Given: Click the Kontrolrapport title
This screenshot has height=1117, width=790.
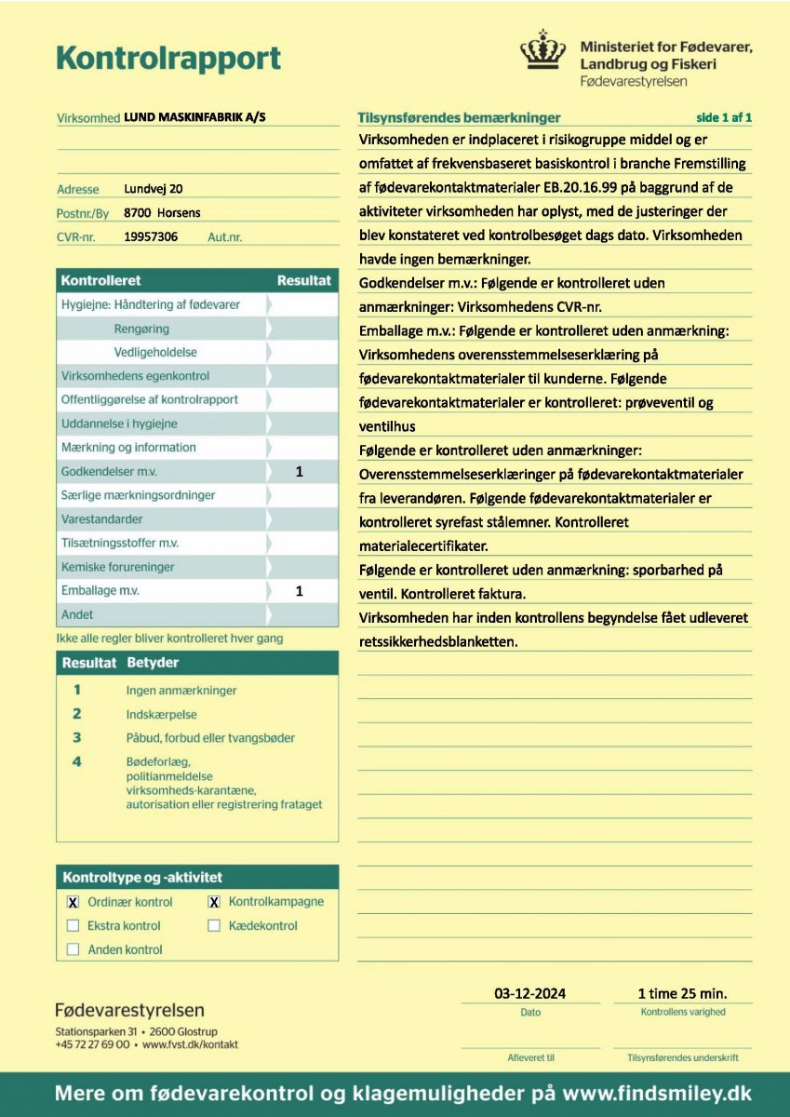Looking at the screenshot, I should tap(168, 58).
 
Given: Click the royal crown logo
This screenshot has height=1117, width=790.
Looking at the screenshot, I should tap(542, 50).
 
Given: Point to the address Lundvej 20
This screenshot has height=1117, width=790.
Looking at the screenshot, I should tap(154, 189).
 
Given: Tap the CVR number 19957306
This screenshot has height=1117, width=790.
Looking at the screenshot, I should tap(151, 237).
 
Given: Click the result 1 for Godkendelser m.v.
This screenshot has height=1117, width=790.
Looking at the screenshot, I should tap(300, 472).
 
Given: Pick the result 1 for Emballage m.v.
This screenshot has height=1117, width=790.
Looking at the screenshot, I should tap(300, 591).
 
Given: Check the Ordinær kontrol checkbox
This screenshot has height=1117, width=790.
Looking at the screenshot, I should tap(74, 902).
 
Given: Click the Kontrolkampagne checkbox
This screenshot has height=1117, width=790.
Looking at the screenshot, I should tap(214, 902).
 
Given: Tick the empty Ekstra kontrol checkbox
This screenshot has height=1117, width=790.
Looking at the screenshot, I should tap(74, 926).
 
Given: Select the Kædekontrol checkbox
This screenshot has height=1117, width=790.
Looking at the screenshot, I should tap(214, 926).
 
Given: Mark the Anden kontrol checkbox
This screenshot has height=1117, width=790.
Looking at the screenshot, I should tap(74, 949).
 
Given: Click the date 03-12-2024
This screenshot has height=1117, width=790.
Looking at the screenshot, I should tap(529, 993).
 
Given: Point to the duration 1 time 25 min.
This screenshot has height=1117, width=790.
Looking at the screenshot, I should tap(682, 993).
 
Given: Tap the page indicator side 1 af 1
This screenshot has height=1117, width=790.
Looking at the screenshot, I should tap(723, 117).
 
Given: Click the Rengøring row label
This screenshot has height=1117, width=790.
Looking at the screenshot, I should tap(141, 329).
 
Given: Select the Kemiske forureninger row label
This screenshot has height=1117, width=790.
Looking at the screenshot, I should tap(117, 567).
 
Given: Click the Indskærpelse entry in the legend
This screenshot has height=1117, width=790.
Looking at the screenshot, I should tap(161, 714).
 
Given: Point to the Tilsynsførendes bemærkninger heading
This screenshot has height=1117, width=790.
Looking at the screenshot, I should tap(459, 118).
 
